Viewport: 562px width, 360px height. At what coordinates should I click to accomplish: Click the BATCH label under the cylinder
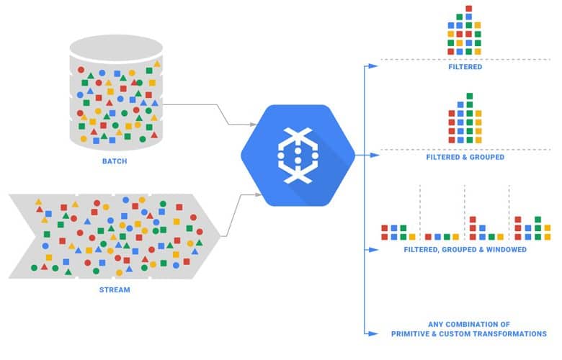pos(115,161)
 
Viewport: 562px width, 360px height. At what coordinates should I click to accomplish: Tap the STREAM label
pos(115,289)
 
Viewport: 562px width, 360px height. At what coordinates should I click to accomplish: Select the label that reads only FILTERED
pos(465,67)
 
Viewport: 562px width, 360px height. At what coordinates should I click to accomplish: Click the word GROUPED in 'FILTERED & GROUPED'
pos(487,157)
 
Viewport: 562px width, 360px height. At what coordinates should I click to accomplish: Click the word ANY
pos(435,325)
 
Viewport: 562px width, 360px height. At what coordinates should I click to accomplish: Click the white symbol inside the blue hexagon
pos(298,156)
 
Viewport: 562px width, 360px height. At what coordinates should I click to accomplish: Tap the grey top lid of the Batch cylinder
pos(116,48)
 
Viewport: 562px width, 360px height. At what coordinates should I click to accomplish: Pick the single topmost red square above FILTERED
pos(469,8)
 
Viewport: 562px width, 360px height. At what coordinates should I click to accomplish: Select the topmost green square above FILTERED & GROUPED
pos(470,96)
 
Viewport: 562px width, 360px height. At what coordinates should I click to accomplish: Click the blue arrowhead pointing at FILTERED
pos(373,66)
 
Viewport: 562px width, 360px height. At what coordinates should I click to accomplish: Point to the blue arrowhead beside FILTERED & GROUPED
pos(375,155)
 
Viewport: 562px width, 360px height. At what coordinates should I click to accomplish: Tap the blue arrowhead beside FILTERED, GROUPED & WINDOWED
pos(373,250)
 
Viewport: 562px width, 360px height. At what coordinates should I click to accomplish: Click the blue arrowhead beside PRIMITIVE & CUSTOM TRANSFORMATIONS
pos(373,333)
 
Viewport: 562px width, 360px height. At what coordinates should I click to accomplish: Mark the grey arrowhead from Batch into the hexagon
pos(253,125)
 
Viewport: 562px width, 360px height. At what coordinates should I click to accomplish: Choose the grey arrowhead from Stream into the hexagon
pos(258,194)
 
